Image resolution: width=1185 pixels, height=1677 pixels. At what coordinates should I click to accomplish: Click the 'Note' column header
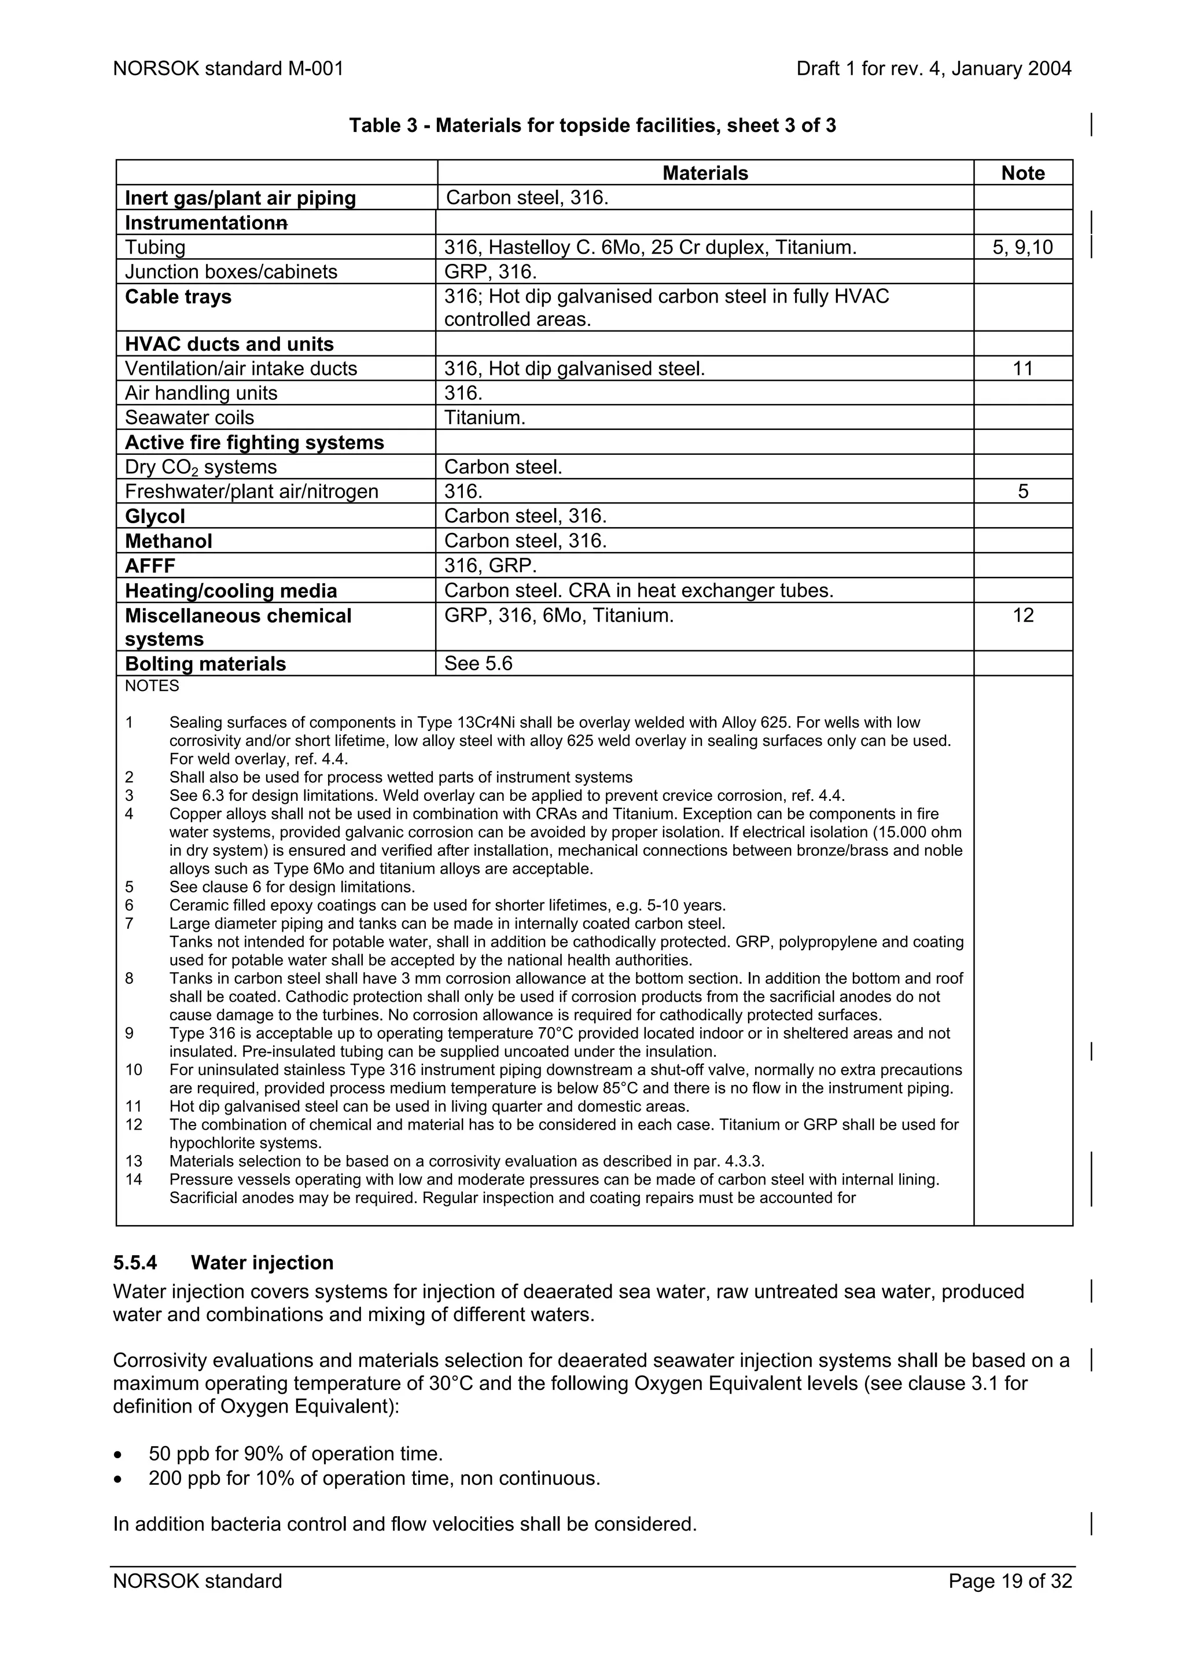pyautogui.click(x=1022, y=173)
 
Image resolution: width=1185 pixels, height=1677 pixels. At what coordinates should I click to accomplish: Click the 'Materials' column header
pyautogui.click(x=705, y=173)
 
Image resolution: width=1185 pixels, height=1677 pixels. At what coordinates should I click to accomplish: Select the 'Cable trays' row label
pyautogui.click(x=178, y=296)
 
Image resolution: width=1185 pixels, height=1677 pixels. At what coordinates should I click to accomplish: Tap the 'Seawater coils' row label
pyautogui.click(x=189, y=418)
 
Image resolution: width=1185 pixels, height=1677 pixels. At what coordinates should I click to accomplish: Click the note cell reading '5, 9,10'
pyautogui.click(x=1022, y=248)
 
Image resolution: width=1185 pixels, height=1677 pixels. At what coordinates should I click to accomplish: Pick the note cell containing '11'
pyautogui.click(x=1022, y=369)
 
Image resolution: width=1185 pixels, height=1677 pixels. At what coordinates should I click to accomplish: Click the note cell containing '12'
pyautogui.click(x=1022, y=615)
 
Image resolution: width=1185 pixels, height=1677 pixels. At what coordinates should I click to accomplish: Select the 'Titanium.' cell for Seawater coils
pyautogui.click(x=485, y=418)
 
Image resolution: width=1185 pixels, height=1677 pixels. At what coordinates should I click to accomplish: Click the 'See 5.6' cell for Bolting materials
pyautogui.click(x=479, y=663)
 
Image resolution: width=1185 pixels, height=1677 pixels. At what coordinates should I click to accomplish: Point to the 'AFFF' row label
pyautogui.click(x=150, y=566)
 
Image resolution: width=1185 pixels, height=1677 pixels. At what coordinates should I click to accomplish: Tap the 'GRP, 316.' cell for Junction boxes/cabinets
pyautogui.click(x=490, y=273)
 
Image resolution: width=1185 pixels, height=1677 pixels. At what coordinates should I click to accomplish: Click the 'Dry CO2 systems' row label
pyautogui.click(x=201, y=468)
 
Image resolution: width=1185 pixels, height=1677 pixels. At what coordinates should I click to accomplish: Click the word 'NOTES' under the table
pyautogui.click(x=152, y=686)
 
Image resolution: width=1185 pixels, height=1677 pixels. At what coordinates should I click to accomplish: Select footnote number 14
pyautogui.click(x=134, y=1179)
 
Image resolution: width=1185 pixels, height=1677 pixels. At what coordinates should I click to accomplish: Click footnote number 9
pyautogui.click(x=129, y=1034)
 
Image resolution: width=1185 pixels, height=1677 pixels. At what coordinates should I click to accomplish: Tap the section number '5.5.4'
pyautogui.click(x=135, y=1263)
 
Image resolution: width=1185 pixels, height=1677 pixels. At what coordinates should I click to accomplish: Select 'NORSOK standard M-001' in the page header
pyautogui.click(x=228, y=69)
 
